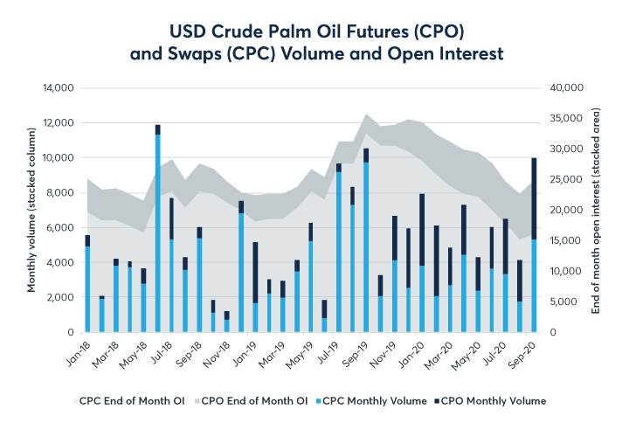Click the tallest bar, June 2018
[x=157, y=232]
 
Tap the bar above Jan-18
[x=87, y=284]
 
